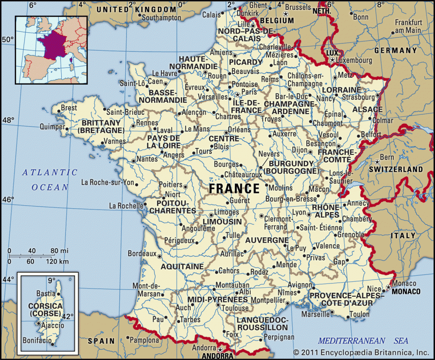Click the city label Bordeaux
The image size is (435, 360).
tap(142, 253)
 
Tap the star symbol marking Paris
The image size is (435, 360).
tap(238, 94)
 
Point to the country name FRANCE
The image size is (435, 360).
tap(234, 188)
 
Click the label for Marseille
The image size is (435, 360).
tap(315, 315)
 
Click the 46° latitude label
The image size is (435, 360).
tap(9, 199)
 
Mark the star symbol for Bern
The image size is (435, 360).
tap(377, 162)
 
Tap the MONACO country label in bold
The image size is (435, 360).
tap(406, 292)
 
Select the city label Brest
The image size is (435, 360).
tap(69, 108)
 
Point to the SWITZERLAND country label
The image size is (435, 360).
tap(396, 169)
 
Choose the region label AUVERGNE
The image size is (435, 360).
tap(267, 240)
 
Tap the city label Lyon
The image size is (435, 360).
tap(299, 212)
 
